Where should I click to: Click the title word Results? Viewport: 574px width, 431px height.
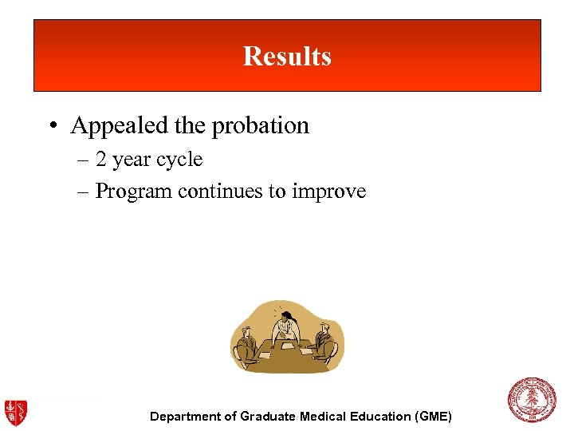pos(287,57)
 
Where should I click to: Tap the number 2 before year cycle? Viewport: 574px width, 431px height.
pos(101,160)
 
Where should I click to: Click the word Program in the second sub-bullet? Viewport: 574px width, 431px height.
pos(134,192)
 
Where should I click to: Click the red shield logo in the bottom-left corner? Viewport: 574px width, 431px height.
pos(15,412)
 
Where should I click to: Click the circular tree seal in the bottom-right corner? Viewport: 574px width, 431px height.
pos(532,400)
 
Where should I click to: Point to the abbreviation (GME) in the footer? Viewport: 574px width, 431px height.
pos(433,417)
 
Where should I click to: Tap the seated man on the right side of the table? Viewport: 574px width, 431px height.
pos(324,342)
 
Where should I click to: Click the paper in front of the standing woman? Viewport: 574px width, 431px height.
pos(286,349)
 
